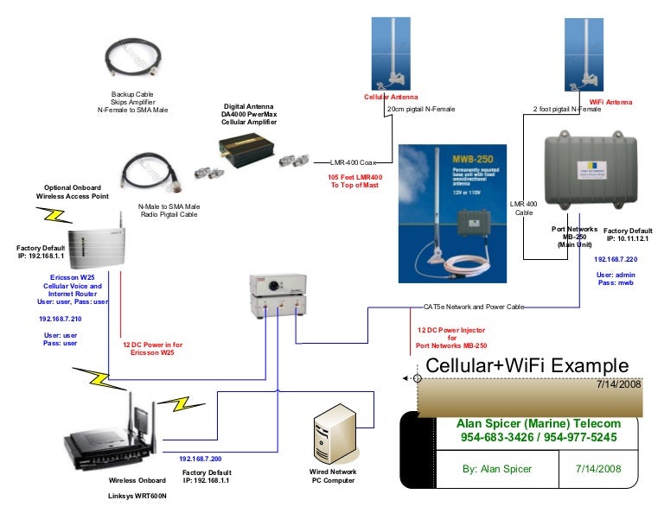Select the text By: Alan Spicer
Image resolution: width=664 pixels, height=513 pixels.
tap(496, 469)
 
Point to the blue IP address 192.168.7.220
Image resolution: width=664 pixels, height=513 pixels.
tap(616, 259)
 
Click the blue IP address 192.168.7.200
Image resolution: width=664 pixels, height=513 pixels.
tap(201, 459)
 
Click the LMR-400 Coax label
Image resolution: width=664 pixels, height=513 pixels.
tap(354, 161)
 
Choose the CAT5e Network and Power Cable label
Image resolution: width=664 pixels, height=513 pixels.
tap(472, 307)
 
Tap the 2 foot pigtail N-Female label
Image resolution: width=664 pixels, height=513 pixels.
tap(566, 110)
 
